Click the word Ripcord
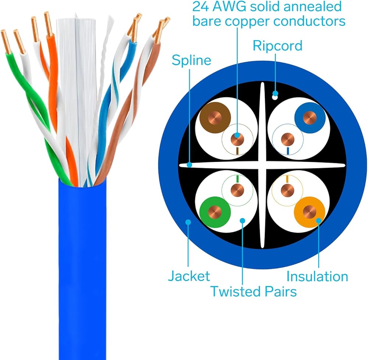pos(277,46)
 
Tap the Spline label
pos(191,61)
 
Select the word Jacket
pos(189,276)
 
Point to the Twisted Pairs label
pos(254,292)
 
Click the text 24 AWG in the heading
pos(219,7)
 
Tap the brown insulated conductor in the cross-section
pos(215,118)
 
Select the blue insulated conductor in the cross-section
pos(310,118)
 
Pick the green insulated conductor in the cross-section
pos(215,212)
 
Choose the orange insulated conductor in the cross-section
pos(309,212)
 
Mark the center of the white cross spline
pos(262,165)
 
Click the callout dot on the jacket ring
pos(188,222)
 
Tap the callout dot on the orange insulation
pos(318,221)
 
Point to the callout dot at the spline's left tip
pos(190,165)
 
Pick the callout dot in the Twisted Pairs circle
pos(243,221)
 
